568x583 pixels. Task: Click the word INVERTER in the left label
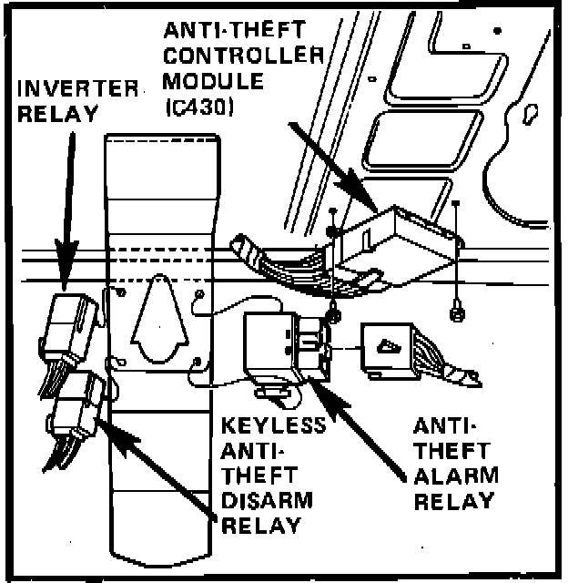77,89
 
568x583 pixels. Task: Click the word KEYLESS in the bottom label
274,426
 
